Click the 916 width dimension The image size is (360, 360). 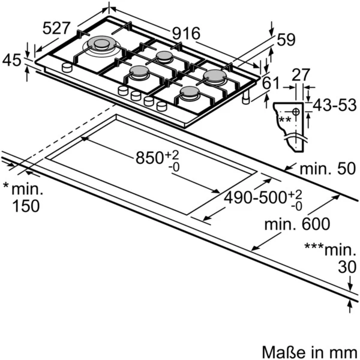click(x=186, y=34)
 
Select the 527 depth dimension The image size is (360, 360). click(x=56, y=28)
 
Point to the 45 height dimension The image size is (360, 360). click(x=12, y=60)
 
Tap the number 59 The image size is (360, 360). click(x=286, y=40)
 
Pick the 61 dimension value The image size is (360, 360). click(x=271, y=83)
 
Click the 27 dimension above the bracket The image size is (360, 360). click(x=301, y=74)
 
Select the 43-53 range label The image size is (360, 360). click(x=335, y=105)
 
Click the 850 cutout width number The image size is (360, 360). click(x=149, y=158)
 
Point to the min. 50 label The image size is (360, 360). click(x=328, y=169)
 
